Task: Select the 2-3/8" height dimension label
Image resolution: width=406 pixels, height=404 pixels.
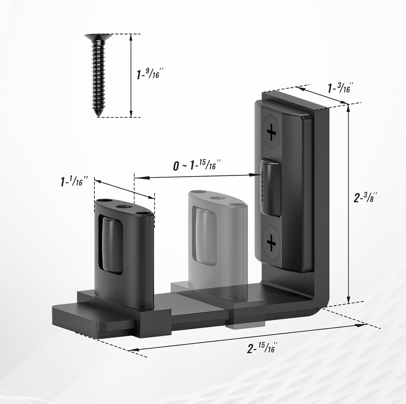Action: pos(366,197)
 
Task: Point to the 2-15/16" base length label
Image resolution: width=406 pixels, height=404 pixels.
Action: pos(262,348)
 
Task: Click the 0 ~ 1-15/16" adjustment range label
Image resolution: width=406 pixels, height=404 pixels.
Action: pos(197,165)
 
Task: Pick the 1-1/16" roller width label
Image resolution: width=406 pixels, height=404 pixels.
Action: pos(74,181)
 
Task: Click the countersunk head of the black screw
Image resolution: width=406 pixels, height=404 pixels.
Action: pos(98,37)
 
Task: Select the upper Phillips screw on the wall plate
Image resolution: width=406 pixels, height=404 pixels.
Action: pos(271,132)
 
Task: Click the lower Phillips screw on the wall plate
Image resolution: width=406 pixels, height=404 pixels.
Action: pos(271,243)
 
